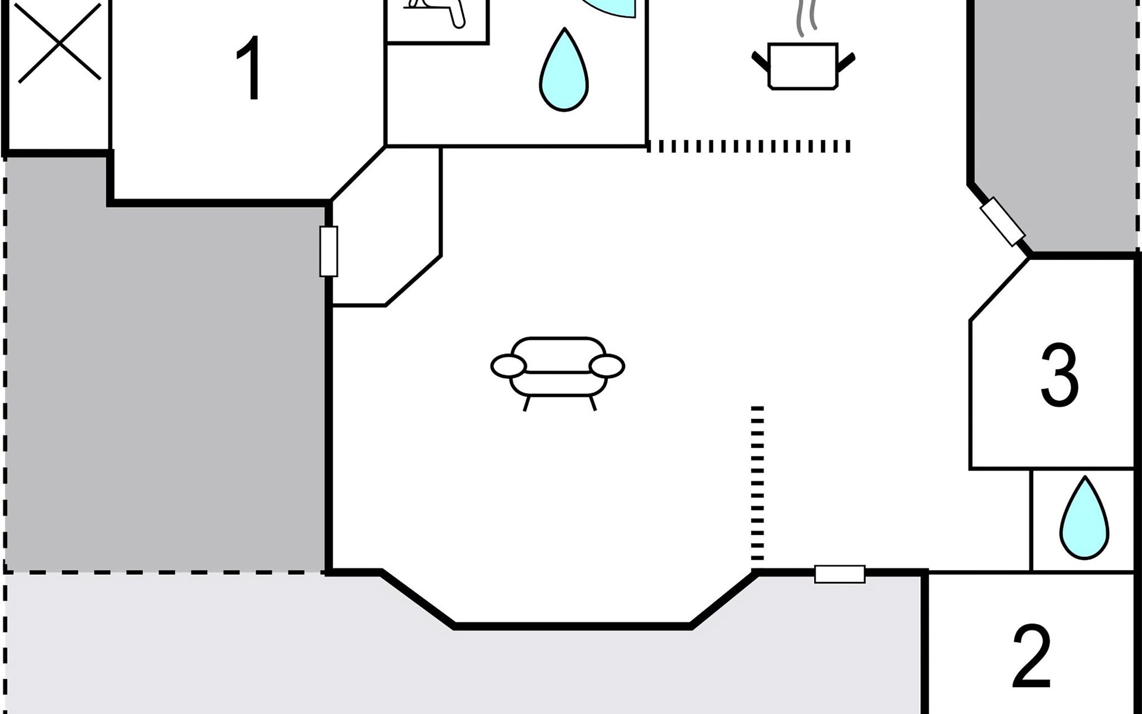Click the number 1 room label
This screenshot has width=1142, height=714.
click(x=249, y=68)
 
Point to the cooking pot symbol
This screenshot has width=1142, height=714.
click(x=803, y=65)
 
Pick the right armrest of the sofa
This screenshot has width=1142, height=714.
click(x=607, y=366)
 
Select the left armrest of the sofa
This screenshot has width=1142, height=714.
click(x=509, y=366)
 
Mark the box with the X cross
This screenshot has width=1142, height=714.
click(x=59, y=43)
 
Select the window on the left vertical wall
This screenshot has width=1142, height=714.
click(x=329, y=251)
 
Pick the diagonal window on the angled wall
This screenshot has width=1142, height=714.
click(x=1002, y=221)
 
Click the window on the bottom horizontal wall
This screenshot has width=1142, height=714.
click(x=839, y=574)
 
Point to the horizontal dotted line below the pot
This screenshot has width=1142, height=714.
click(x=749, y=146)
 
